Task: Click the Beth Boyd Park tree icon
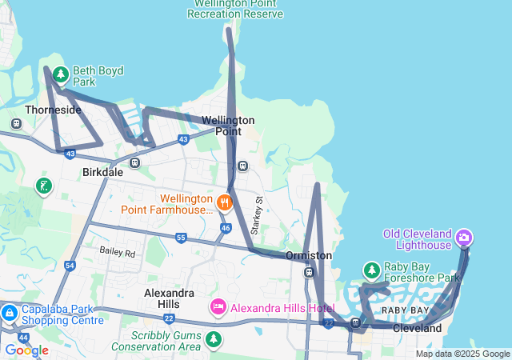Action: pyautogui.click(x=61, y=75)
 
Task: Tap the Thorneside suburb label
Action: pyautogui.click(x=53, y=110)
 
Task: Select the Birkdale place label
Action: pyautogui.click(x=102, y=171)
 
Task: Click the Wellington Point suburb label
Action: pyautogui.click(x=228, y=126)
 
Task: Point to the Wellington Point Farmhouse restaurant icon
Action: pyautogui.click(x=225, y=202)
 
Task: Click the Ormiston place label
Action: pyautogui.click(x=309, y=255)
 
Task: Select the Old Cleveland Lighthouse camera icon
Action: pyautogui.click(x=464, y=238)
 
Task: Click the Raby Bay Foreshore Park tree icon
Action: pyautogui.click(x=371, y=270)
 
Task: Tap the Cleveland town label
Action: pyautogui.click(x=417, y=328)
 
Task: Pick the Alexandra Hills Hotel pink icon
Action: pyautogui.click(x=218, y=307)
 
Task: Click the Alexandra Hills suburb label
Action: pyautogui.click(x=169, y=298)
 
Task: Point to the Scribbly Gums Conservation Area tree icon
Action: pyautogui.click(x=213, y=339)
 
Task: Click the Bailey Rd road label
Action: pyautogui.click(x=118, y=251)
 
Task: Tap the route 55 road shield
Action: pyautogui.click(x=181, y=238)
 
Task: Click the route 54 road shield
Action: pyautogui.click(x=70, y=266)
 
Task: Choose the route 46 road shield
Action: pyautogui.click(x=226, y=228)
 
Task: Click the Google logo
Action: pyautogui.click(x=26, y=350)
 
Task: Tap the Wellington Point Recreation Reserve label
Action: pyautogui.click(x=235, y=10)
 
